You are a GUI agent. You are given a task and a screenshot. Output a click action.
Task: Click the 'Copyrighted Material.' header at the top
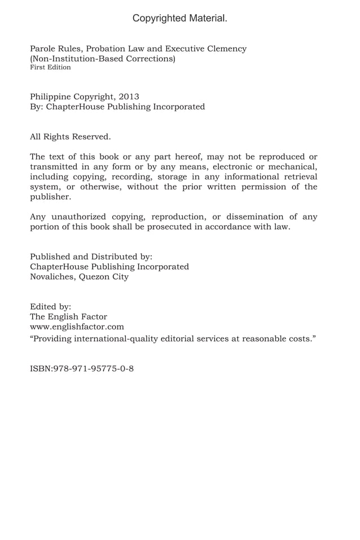[x=180, y=19]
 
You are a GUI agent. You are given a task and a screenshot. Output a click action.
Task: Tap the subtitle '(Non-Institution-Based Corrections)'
[x=102, y=59]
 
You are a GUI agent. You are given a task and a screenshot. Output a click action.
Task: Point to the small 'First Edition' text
[x=50, y=68]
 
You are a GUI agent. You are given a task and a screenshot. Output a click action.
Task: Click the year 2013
[x=129, y=96]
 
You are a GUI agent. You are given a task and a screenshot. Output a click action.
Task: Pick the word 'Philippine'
[x=51, y=96]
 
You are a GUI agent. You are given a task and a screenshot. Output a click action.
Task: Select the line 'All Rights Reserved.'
[x=70, y=137]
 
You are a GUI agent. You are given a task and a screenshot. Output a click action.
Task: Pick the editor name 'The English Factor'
[x=68, y=317]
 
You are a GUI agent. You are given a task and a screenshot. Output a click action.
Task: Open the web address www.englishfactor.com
[x=77, y=327]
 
